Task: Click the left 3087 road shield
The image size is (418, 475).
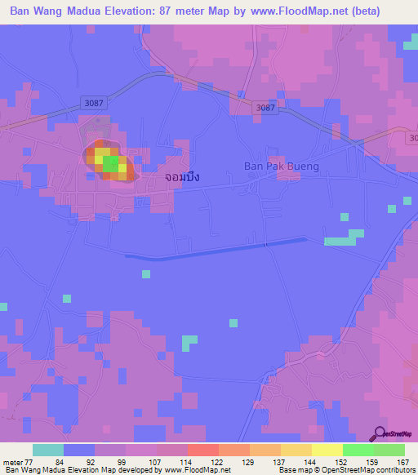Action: (94, 101)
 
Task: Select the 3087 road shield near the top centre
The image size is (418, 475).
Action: (265, 108)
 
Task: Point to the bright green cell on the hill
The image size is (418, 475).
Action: (109, 164)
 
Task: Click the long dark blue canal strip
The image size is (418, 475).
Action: (216, 250)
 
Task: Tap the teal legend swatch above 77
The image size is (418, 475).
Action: (48, 451)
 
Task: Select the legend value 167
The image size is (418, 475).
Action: (402, 461)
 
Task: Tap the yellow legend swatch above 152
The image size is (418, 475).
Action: (327, 451)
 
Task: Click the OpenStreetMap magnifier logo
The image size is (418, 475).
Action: (380, 433)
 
